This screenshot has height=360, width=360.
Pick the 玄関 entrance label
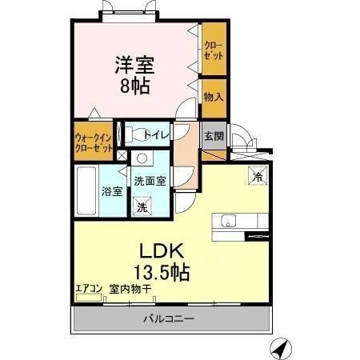pos(212,135)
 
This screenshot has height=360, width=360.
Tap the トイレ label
pos(157,135)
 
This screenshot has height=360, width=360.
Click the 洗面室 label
pos(150,181)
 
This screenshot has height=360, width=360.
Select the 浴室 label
pos(111,191)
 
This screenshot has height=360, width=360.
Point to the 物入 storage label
pos(213,97)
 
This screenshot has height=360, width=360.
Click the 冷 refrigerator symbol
pos(258,175)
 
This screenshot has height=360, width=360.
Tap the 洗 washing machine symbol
pos(142,207)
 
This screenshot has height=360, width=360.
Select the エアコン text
pos(89,289)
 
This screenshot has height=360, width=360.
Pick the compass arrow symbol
pos(279,349)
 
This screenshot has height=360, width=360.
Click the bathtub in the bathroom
pos(86,190)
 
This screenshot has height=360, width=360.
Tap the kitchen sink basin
pos(225,222)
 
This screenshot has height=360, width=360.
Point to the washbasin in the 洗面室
pos(142,158)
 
